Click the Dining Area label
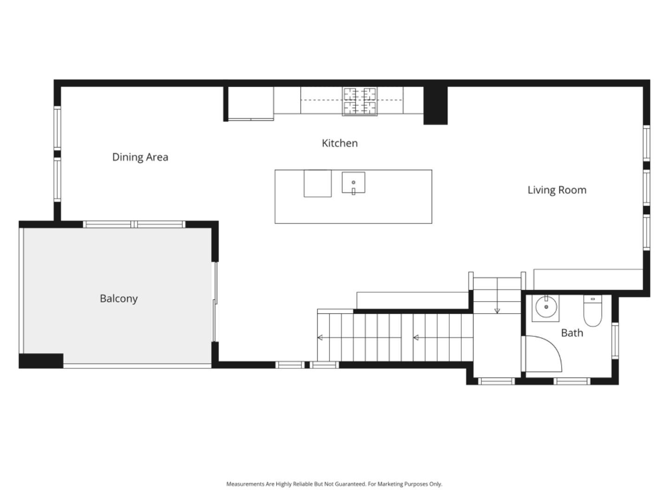[140, 157]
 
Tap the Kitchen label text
[340, 143]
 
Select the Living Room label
[557, 190]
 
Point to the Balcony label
[118, 299]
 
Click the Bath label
[572, 333]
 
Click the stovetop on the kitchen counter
[360, 101]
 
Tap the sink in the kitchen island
[353, 183]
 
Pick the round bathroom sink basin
[546, 307]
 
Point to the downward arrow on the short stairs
[497, 310]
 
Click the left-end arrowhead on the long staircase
[320, 338]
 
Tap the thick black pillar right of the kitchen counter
[435, 105]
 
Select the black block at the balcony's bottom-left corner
[41, 360]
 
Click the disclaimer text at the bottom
[334, 484]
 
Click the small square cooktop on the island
[318, 184]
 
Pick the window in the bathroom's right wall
[615, 341]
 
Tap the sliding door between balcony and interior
[215, 302]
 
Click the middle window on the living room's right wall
[646, 188]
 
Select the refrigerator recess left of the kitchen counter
[250, 103]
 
